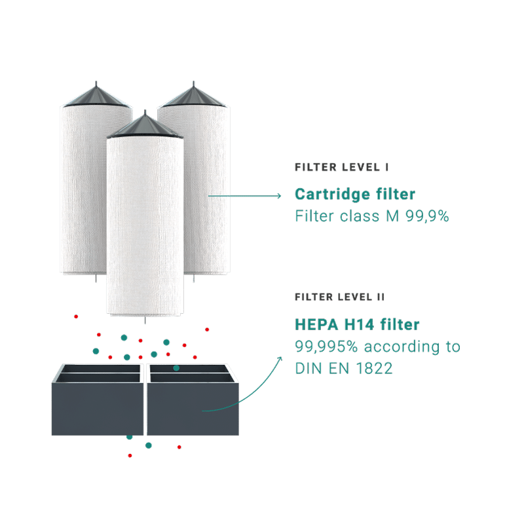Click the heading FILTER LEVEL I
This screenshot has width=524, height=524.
pyautogui.click(x=341, y=168)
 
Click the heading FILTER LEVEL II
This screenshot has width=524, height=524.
pyautogui.click(x=339, y=297)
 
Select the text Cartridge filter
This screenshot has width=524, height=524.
pyautogui.click(x=355, y=195)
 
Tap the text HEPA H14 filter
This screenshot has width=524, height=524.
pyautogui.click(x=357, y=324)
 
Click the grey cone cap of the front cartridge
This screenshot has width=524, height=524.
pyautogui.click(x=145, y=126)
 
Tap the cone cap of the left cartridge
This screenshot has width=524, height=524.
pyautogui.click(x=96, y=97)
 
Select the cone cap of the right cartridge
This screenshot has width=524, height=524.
pyautogui.click(x=193, y=98)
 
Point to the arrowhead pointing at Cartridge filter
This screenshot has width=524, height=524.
pyautogui.click(x=277, y=195)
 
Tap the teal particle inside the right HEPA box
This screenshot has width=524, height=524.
pyautogui.click(x=176, y=369)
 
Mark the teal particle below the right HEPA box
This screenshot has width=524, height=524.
pyautogui.click(x=149, y=445)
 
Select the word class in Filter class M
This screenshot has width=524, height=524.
pyautogui.click(x=354, y=216)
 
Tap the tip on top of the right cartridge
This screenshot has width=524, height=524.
pyautogui.click(x=193, y=83)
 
